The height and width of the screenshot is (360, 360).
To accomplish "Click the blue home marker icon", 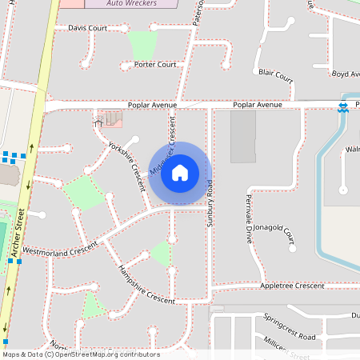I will tap(180, 173).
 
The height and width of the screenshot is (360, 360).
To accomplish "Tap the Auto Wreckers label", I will tap(131, 3).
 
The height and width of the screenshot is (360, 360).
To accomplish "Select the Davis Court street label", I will tap(87, 28).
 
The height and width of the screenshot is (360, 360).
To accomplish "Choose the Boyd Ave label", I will tap(345, 74).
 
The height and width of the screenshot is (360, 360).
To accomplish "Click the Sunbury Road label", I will tap(211, 204).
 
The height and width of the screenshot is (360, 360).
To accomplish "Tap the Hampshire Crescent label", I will tap(146, 285).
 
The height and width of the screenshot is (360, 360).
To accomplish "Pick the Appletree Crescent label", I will tap(292, 285).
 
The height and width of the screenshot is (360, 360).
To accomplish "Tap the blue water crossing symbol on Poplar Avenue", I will tap(342, 106).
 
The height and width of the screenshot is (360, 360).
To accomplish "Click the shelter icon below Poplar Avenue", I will tap(98, 121).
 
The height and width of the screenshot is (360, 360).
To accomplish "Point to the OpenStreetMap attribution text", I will tap(80, 354).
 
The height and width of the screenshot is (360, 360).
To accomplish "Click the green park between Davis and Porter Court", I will tap(142, 45).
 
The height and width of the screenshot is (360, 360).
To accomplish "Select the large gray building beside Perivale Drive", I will tap(243, 137).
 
